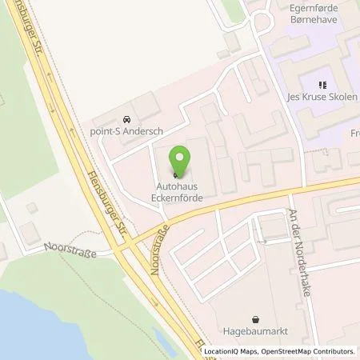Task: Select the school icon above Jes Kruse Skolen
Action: coord(322,86)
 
